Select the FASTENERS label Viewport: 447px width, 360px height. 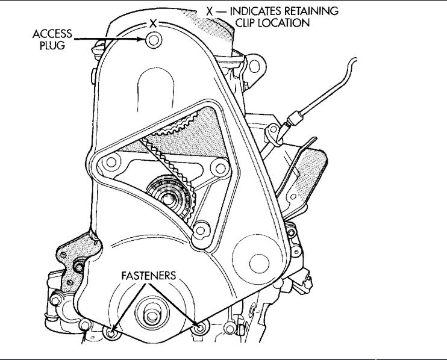(x=148, y=275)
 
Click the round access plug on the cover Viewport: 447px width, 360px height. (x=153, y=40)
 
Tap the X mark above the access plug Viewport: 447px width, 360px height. (x=153, y=24)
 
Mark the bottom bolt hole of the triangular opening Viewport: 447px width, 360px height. (x=200, y=229)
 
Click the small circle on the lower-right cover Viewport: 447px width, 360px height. (x=259, y=261)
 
